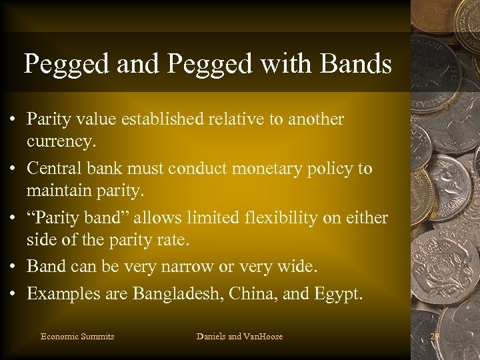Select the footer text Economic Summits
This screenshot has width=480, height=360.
point(77,337)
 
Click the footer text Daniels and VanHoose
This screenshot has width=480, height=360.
point(239,337)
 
